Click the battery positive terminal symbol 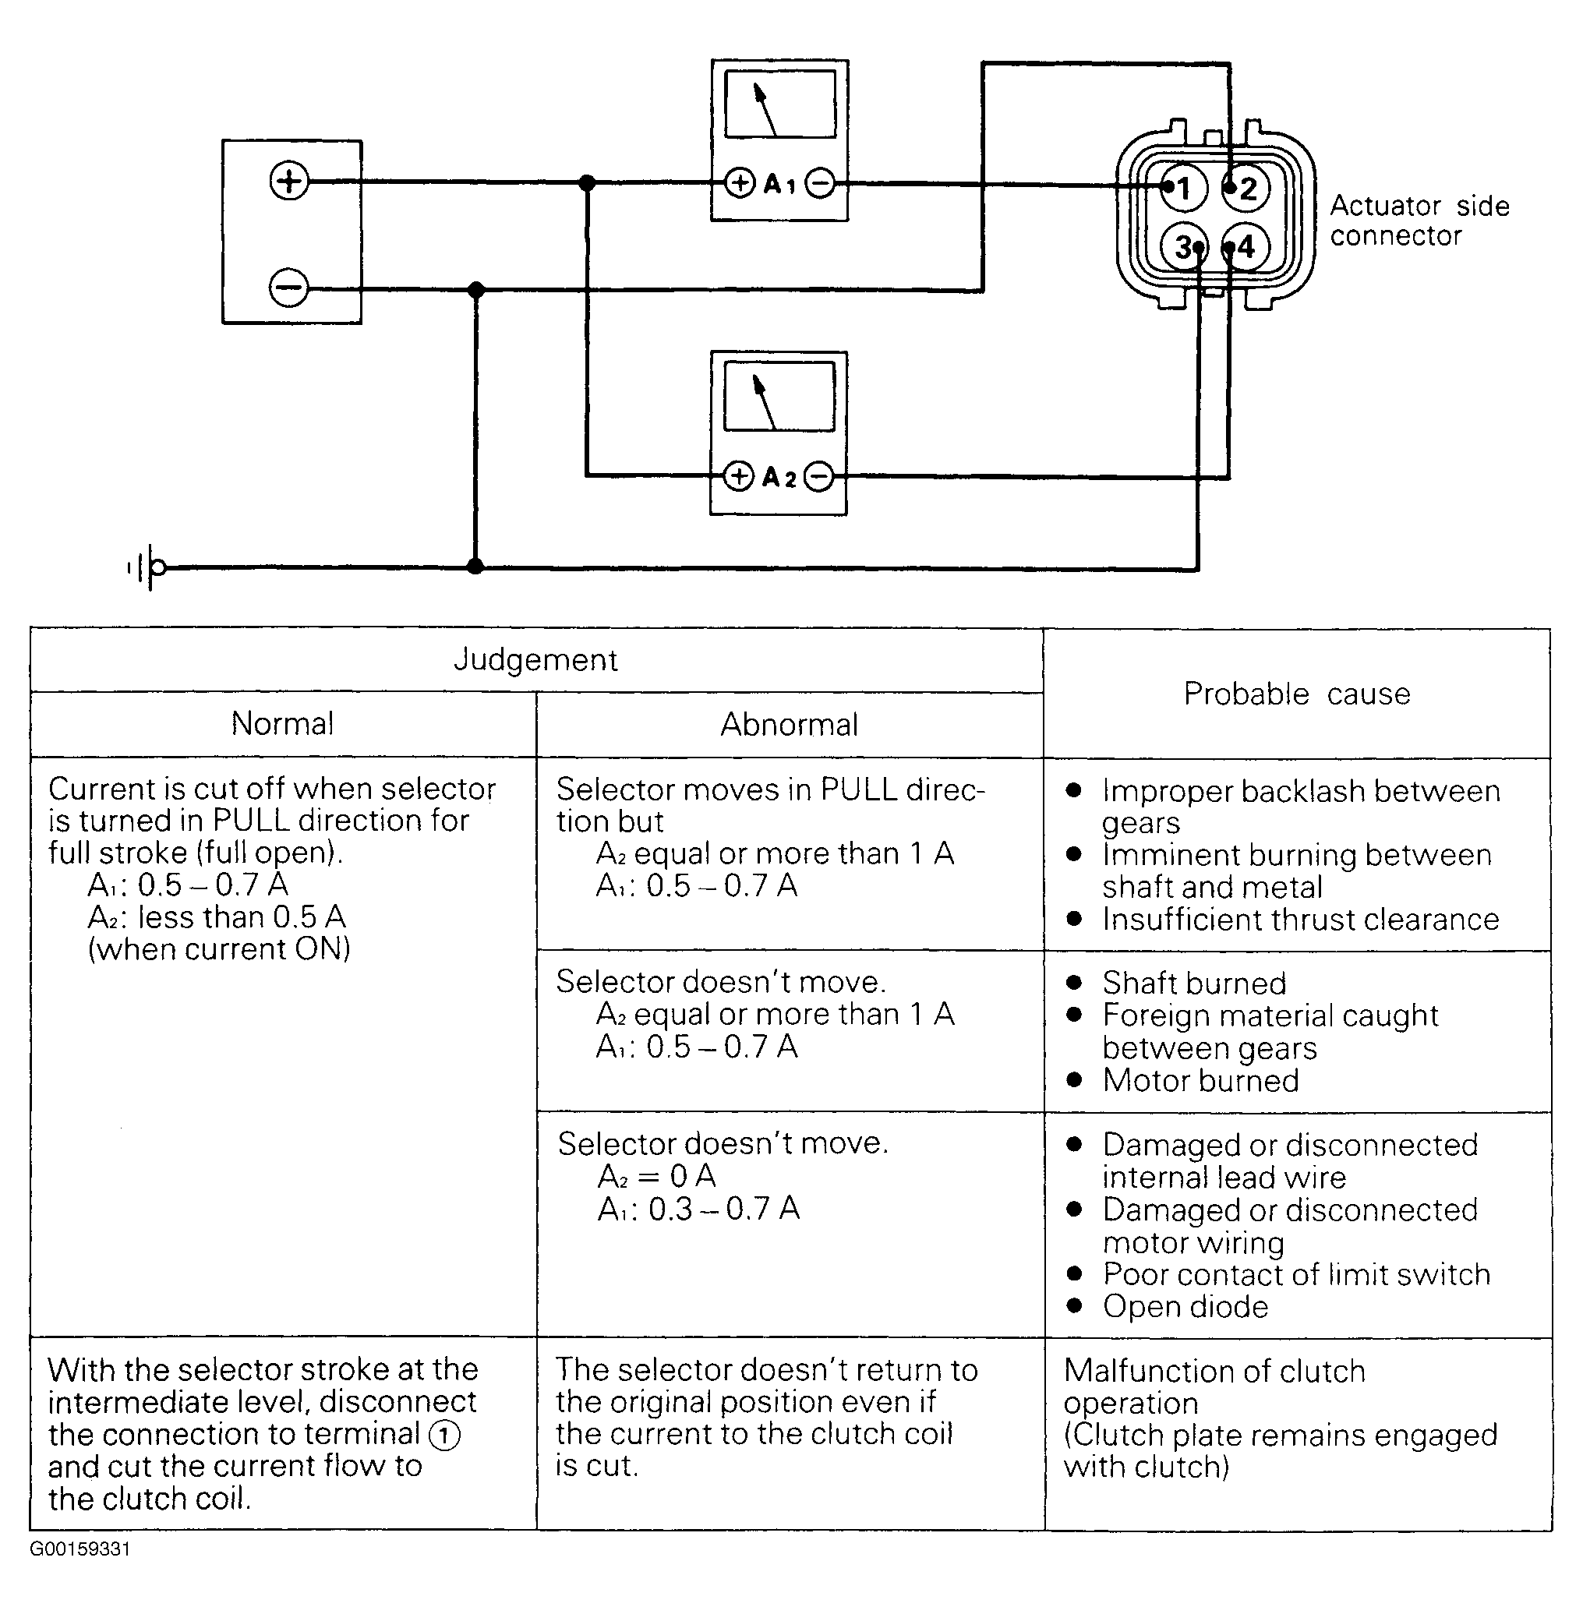coord(289,181)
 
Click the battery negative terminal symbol coord(288,288)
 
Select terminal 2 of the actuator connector coord(1246,189)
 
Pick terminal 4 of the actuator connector coord(1246,247)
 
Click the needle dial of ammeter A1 coord(780,104)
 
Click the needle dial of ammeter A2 coord(779,397)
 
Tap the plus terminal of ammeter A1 coord(739,183)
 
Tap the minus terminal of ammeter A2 coord(819,476)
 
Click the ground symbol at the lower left coord(147,567)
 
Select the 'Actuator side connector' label coord(1419,221)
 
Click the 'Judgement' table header coord(535,660)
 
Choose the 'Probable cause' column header coord(1297,693)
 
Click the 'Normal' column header coord(283,723)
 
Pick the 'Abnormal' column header coord(789,724)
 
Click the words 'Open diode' coord(1185,1306)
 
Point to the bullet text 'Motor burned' coord(1200,1080)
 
